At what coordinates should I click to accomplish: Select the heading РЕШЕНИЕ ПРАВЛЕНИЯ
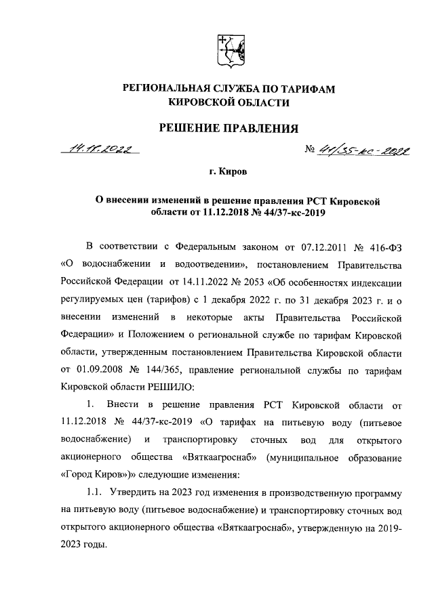tap(229, 129)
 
